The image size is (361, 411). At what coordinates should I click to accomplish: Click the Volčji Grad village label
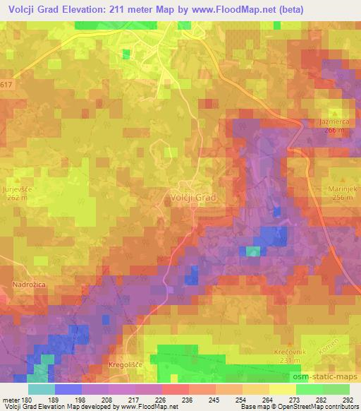[x=192, y=198]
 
